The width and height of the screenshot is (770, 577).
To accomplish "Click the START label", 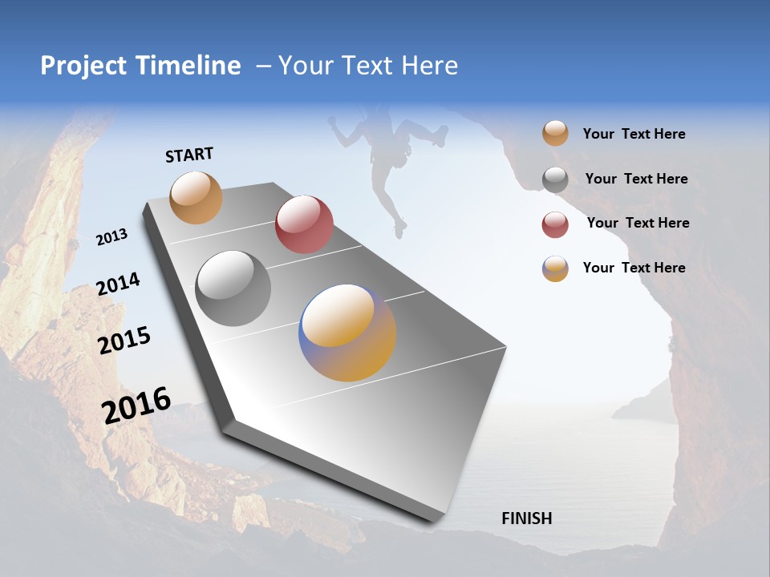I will click(x=189, y=155).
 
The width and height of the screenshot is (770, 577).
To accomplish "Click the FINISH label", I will click(x=527, y=518).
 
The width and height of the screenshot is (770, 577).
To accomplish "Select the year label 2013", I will click(x=112, y=237).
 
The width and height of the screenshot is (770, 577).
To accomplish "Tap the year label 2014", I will click(x=119, y=284).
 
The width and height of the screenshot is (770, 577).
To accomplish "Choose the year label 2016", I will click(x=136, y=405).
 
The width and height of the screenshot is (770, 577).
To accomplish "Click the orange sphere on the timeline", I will click(x=197, y=197).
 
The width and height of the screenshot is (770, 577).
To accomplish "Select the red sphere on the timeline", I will click(x=304, y=224).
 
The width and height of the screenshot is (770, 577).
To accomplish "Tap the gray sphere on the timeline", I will click(x=233, y=288).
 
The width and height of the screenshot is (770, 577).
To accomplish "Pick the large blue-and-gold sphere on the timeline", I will click(x=347, y=333).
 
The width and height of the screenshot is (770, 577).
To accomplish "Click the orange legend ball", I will click(x=555, y=134).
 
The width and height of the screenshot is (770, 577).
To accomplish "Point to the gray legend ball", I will click(x=555, y=180).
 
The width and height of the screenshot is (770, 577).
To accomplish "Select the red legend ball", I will click(x=555, y=224).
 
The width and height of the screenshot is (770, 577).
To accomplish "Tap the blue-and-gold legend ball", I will click(x=555, y=268).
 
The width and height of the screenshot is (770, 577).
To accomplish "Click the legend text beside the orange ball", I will click(x=634, y=134).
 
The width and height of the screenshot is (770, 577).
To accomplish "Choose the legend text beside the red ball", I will click(x=638, y=223).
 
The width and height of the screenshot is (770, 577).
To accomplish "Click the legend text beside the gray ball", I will click(x=636, y=179).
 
